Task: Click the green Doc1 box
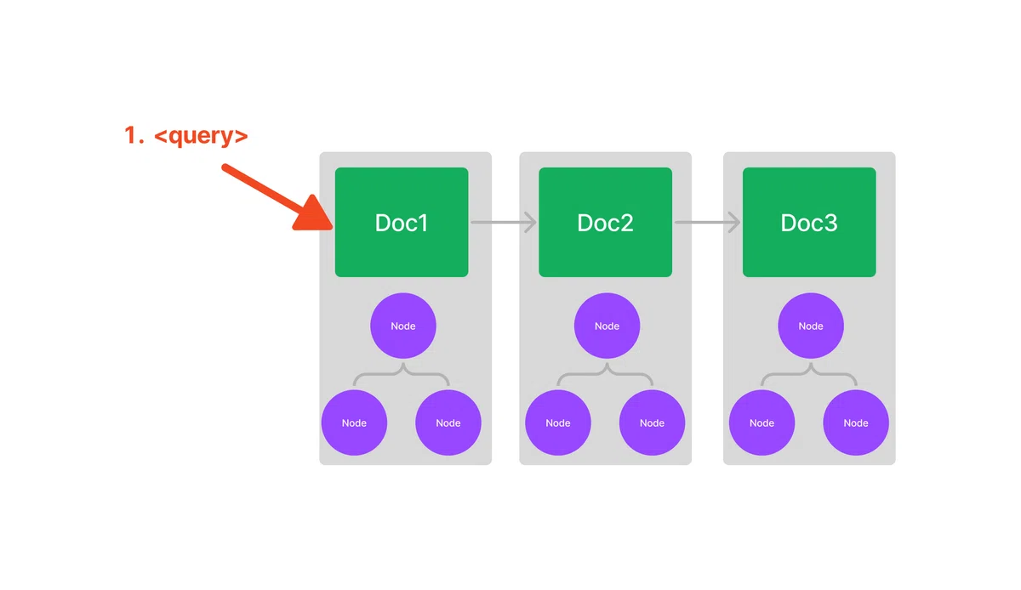coord(402,223)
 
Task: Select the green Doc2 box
coord(605,223)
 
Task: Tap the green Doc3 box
coord(809,223)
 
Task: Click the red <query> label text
coord(201,136)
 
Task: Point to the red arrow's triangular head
coord(314,214)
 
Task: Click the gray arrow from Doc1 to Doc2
coord(504,223)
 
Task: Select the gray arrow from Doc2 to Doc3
coord(707,223)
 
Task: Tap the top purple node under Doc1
coord(403,326)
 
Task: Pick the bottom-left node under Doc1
coord(354,423)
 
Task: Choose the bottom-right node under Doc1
coord(448,423)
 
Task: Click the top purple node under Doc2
coord(607,326)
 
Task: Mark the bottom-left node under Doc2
coord(558,423)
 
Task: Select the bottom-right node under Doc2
coord(652,423)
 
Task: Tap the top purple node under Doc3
coord(810,326)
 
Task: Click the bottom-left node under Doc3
coord(761,423)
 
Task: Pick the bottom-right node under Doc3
coord(856,423)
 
